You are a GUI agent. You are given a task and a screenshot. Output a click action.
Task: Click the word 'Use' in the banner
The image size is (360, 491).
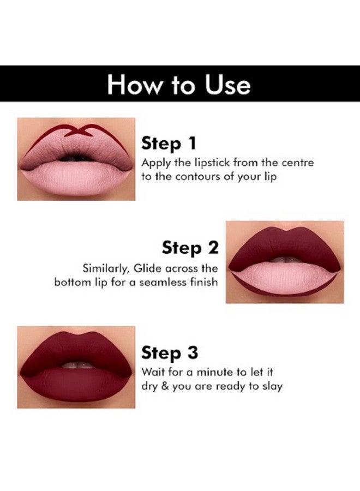[x=228, y=85]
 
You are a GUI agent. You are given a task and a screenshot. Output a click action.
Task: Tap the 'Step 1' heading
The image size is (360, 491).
[x=169, y=144]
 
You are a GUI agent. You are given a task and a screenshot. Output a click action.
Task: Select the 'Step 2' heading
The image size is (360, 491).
[x=190, y=248]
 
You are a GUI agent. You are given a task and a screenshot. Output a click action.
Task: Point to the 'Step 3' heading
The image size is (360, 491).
[x=170, y=353]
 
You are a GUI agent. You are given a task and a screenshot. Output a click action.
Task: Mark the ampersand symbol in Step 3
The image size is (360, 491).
[x=166, y=386]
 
